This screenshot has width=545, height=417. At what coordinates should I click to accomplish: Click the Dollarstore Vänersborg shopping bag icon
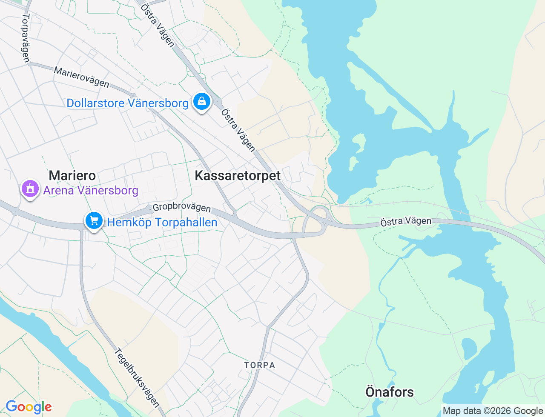201,102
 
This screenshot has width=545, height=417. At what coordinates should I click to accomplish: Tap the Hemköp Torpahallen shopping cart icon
94,221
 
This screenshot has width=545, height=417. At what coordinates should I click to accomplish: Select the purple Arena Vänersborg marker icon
30,189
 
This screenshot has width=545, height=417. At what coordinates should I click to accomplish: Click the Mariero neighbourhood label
72,175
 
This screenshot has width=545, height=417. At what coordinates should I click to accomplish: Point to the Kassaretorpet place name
238,175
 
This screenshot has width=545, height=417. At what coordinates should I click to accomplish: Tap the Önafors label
389,391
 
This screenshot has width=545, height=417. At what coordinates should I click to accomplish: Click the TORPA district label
260,365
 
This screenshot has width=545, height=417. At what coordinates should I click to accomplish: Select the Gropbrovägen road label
181,208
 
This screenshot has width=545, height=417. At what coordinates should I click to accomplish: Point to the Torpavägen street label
26,38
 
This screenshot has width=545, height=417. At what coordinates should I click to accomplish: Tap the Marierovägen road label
81,77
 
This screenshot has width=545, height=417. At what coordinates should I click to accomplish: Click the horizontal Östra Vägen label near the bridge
405,221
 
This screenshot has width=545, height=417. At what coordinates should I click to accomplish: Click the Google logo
29,407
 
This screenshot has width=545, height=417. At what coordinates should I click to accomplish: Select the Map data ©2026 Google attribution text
493,411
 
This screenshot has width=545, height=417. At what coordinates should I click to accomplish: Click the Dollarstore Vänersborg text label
127,103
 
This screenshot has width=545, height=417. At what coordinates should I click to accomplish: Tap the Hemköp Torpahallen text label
162,222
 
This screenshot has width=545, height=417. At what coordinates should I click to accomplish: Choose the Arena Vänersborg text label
91,190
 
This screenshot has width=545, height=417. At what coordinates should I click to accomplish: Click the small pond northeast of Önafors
469,348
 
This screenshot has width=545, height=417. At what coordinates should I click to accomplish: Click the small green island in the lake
359,143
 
